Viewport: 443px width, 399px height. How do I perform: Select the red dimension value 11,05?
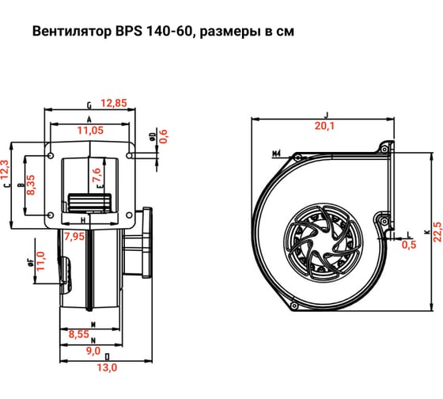coord(91,129)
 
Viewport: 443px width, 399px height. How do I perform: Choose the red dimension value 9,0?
coord(93,350)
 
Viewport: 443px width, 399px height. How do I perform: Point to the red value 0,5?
coord(408,245)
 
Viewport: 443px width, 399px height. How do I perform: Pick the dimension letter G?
coord(90,104)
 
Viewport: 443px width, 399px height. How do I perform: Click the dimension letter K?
coord(426,232)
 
